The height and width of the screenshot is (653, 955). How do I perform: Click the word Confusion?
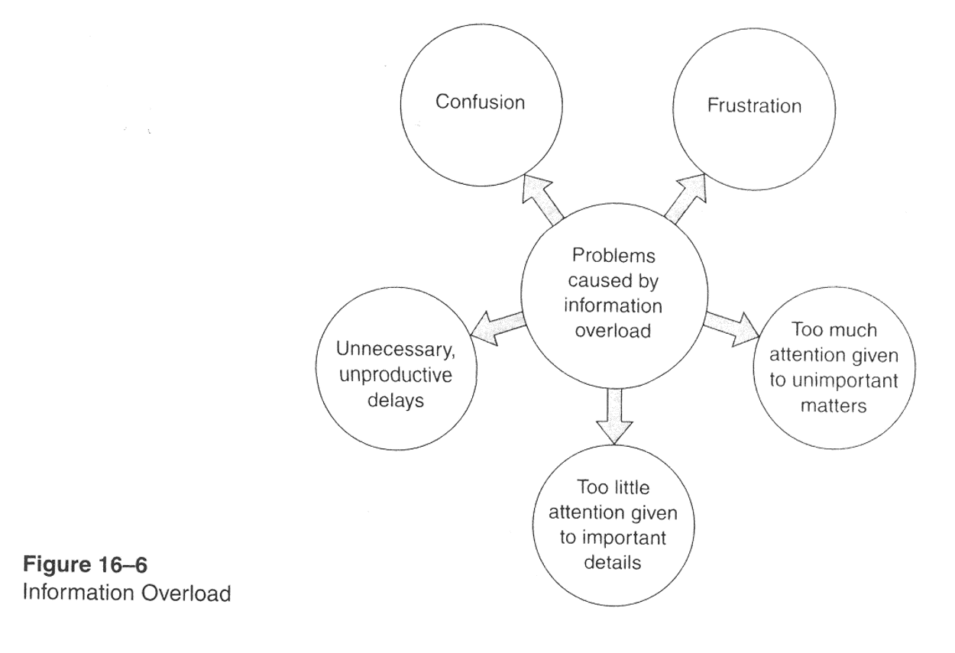(480, 102)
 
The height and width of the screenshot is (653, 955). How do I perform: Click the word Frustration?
(753, 105)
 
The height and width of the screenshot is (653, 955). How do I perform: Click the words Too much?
(834, 331)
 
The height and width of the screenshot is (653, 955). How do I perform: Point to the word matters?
(834, 405)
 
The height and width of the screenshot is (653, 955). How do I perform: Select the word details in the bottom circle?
(616, 562)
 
